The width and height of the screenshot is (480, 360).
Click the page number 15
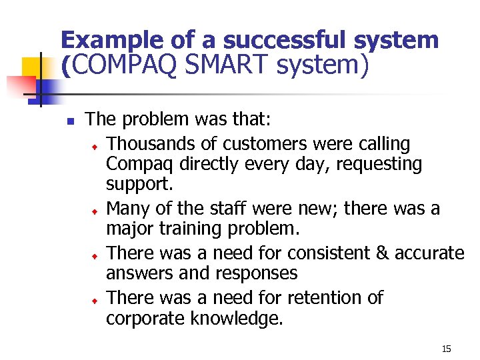pyautogui.click(x=446, y=349)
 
